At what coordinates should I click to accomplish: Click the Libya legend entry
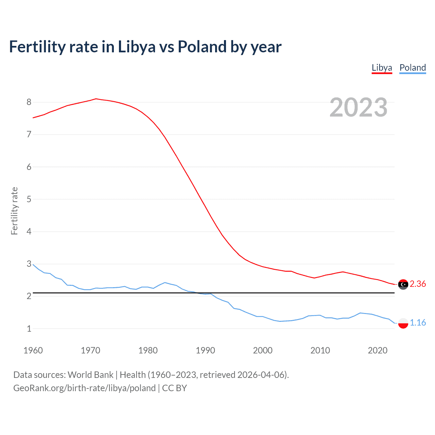point(382,68)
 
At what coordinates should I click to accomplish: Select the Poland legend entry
point(413,68)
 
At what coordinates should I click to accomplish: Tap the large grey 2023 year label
point(359,107)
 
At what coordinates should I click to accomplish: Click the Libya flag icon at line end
point(403,284)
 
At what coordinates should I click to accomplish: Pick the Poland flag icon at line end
point(403,323)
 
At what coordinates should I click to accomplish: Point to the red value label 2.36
point(418,284)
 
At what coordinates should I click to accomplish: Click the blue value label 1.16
point(418,323)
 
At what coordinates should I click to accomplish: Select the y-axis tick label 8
point(29,102)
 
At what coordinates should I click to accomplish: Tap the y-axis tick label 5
point(29,199)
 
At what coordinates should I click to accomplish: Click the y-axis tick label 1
point(29,329)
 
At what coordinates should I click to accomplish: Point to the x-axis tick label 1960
point(33,350)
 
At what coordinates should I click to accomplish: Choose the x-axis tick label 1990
point(205,350)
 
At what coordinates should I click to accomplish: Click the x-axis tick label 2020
point(378,350)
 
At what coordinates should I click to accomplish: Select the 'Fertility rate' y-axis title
point(14,211)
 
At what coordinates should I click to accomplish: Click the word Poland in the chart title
point(202,47)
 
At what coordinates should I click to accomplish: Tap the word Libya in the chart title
point(137,47)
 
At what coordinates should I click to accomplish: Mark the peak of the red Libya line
point(96,99)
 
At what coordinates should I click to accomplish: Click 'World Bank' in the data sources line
point(90,375)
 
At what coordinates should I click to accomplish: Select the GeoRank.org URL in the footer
point(84,388)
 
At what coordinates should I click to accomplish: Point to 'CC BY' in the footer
point(174,388)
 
